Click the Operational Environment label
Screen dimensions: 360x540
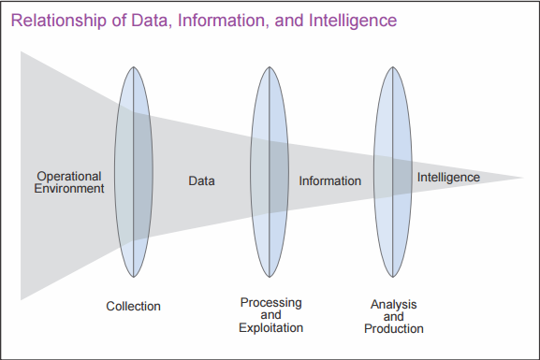tap(69, 181)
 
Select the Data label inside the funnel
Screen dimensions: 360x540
tap(201, 180)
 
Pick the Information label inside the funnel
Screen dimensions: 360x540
tap(329, 180)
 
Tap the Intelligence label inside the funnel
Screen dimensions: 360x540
tap(448, 177)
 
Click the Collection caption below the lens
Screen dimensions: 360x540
tap(133, 307)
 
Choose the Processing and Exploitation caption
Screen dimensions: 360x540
tap(270, 315)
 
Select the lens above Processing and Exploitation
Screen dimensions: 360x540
tap(270, 176)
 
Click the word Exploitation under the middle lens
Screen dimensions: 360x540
tap(270, 328)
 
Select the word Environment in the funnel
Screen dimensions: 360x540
tap(69, 188)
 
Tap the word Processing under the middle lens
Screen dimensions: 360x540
tap(270, 302)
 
